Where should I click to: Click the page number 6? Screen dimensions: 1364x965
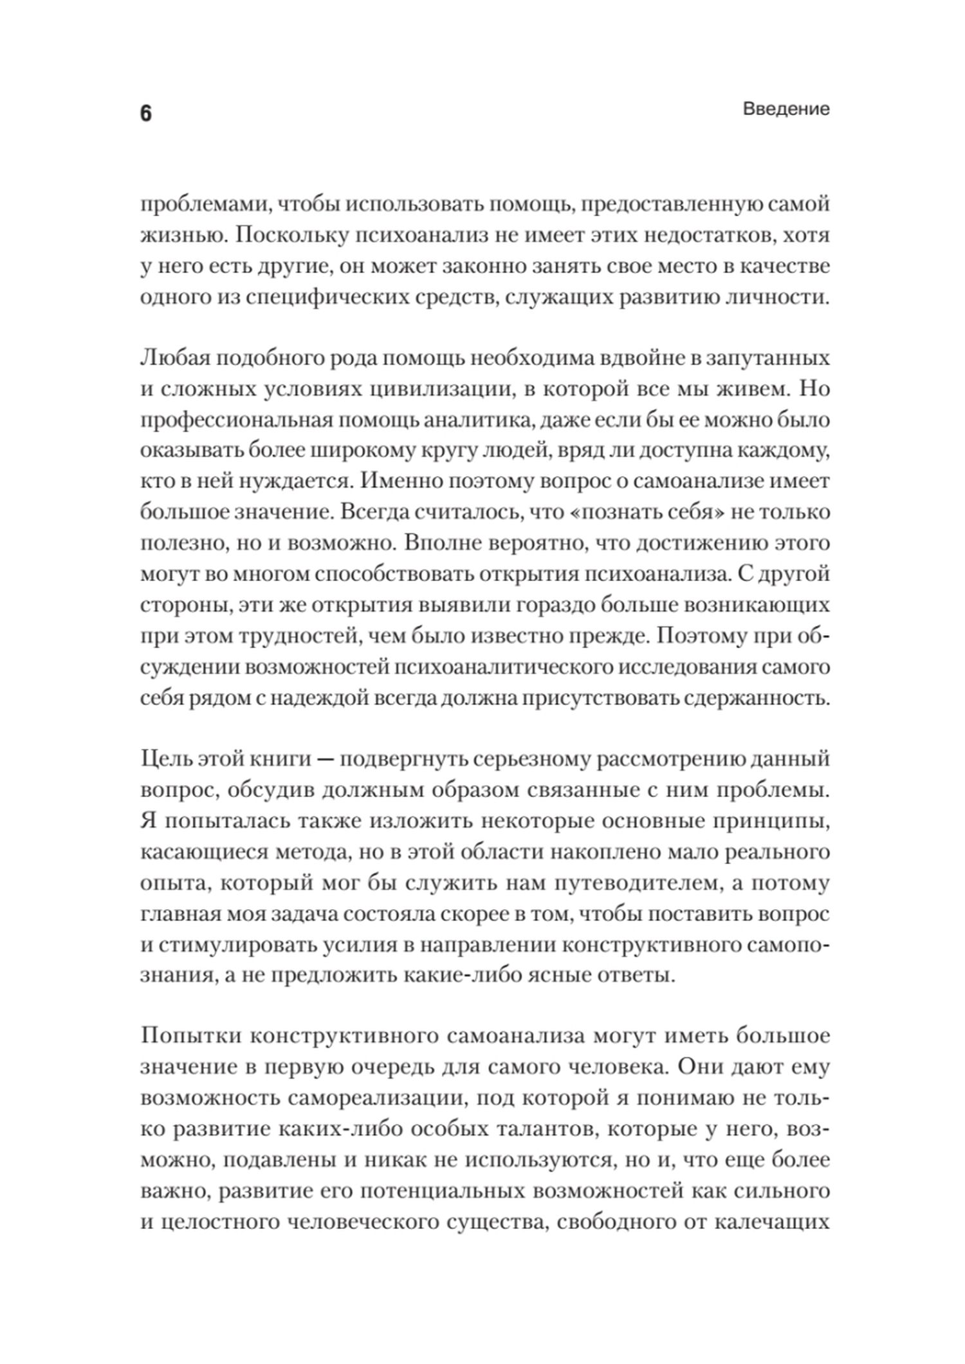coord(145,114)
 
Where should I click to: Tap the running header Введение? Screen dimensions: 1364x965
coord(786,109)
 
